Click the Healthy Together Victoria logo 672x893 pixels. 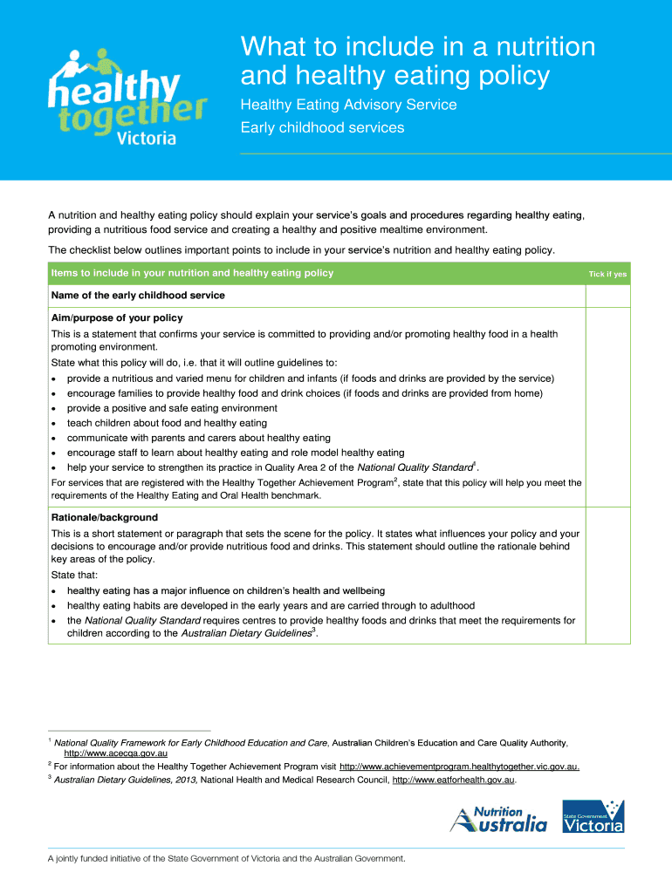click(126, 94)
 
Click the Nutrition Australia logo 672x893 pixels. click(498, 819)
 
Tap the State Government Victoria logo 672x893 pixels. click(593, 816)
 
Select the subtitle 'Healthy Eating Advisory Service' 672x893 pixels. click(348, 105)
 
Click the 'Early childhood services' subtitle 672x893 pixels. click(322, 127)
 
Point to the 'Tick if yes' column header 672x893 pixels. click(607, 274)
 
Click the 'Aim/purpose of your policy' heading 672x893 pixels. click(117, 317)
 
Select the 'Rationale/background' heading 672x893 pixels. click(105, 517)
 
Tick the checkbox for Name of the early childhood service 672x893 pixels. click(607, 296)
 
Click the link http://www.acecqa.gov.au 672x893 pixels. click(115, 753)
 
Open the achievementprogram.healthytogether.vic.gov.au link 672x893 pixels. click(458, 767)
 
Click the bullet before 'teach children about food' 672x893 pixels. click(55, 424)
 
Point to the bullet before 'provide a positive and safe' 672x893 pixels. click(55, 409)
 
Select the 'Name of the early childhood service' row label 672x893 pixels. click(138, 296)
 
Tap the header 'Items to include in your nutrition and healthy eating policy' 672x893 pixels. click(192, 273)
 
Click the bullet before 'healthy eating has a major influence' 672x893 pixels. click(55, 591)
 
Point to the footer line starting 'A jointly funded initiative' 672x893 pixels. click(227, 859)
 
